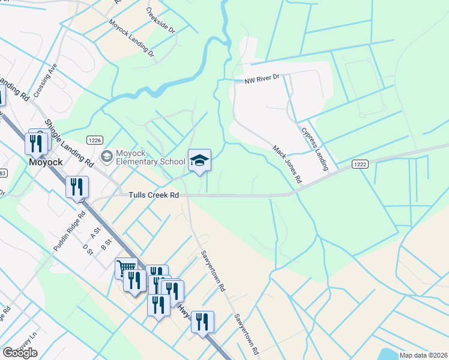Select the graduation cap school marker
(200, 160)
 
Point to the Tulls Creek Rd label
(154, 195)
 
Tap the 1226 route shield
(93, 140)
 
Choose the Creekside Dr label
(160, 20)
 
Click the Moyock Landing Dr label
(131, 38)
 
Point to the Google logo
(20, 352)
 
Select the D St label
(88, 249)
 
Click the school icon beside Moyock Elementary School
(107, 157)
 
